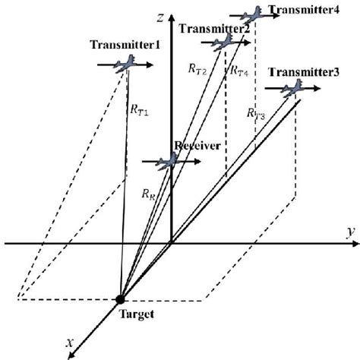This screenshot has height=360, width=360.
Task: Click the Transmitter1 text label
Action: point(125,46)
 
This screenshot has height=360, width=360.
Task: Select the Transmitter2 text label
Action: point(215,29)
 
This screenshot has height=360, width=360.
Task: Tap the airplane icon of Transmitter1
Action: point(124,65)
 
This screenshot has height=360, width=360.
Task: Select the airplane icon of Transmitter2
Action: point(224,43)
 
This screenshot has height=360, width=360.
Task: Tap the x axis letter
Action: point(70,343)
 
